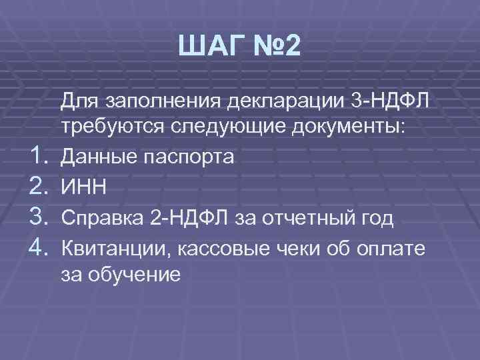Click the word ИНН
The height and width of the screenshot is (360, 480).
[x=81, y=188]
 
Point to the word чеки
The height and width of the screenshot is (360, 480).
[x=324, y=247]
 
